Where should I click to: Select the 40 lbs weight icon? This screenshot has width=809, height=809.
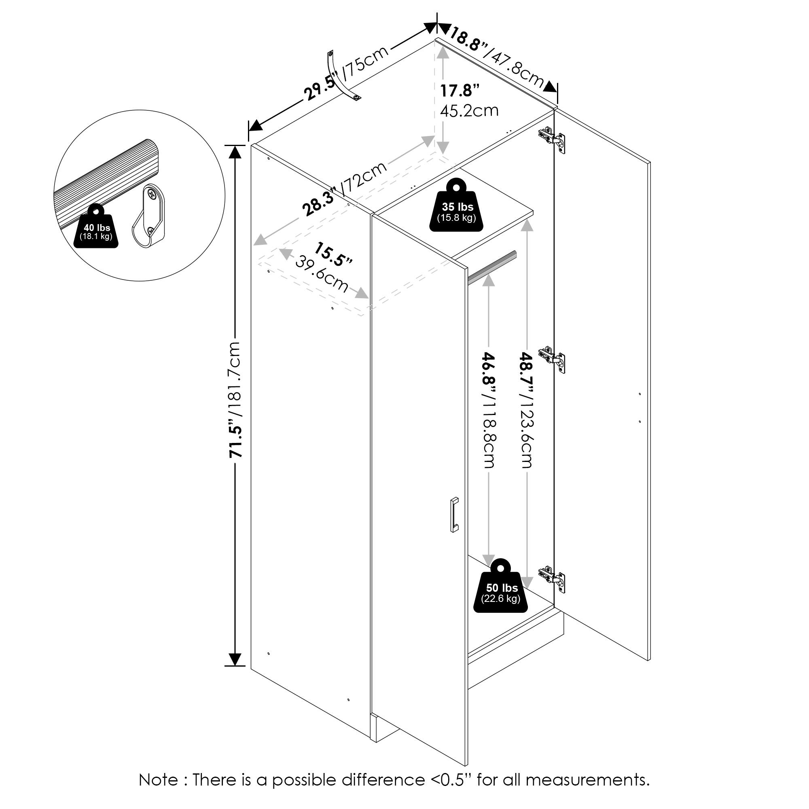97,230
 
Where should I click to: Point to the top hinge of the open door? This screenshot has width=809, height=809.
552,138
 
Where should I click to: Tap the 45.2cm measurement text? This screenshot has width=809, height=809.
469,110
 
